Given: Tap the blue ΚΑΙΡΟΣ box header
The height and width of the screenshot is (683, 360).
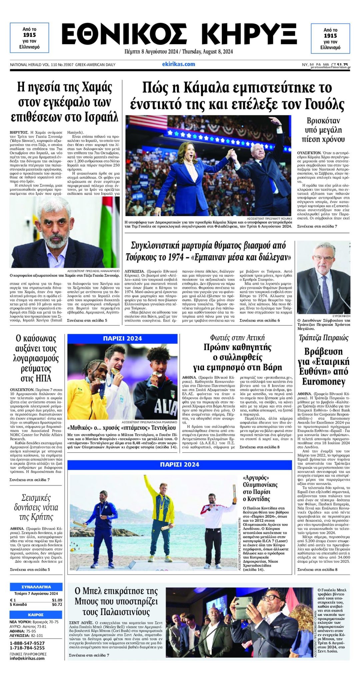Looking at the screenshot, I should pos(36,614).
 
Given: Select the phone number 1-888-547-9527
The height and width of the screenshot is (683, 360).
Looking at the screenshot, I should pos(27,643).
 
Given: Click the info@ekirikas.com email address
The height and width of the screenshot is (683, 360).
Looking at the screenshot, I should pos(27,658).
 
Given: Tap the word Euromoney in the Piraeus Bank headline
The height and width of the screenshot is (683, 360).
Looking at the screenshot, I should pos(324,381).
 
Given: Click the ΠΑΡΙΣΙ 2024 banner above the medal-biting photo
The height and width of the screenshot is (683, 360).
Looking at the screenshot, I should pos(122,338).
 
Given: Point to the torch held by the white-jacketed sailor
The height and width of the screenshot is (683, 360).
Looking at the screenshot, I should pos(234,493).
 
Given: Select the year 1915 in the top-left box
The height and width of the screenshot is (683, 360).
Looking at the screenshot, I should pos(29,35).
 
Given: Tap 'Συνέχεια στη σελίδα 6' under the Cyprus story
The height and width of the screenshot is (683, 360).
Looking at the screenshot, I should pos(260,320).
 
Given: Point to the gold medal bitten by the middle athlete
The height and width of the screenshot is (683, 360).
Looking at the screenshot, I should pos(114,371).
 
